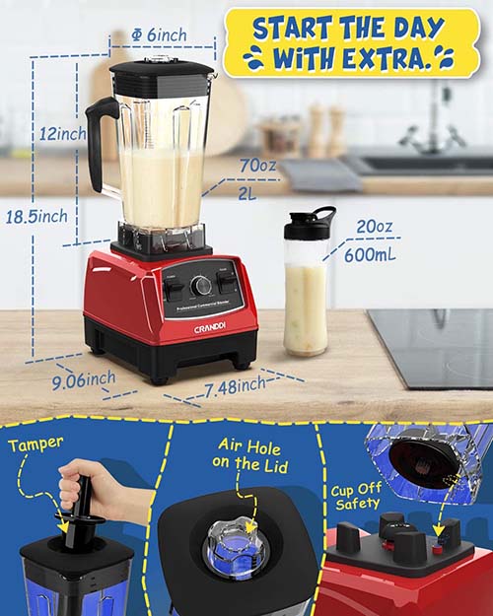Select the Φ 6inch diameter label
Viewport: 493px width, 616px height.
[160, 35]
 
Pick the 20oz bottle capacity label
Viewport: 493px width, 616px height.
[374, 227]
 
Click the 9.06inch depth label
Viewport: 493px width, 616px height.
[86, 377]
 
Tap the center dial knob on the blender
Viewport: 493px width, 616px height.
[201, 286]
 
